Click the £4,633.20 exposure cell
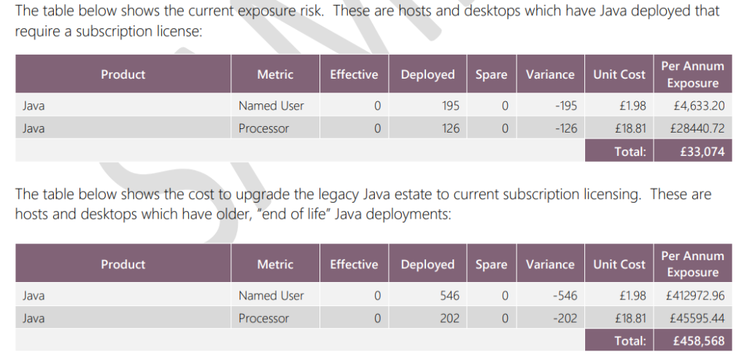(x=699, y=106)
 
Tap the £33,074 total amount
(x=703, y=152)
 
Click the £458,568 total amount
(x=699, y=341)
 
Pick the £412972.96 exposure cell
(x=695, y=296)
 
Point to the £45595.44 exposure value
(x=697, y=318)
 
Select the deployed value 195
(x=450, y=106)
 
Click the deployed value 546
(x=450, y=296)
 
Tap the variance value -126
(x=565, y=128)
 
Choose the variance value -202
(x=565, y=318)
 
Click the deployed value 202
(x=450, y=318)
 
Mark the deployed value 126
(x=451, y=128)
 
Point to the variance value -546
(x=565, y=296)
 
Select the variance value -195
(x=565, y=106)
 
